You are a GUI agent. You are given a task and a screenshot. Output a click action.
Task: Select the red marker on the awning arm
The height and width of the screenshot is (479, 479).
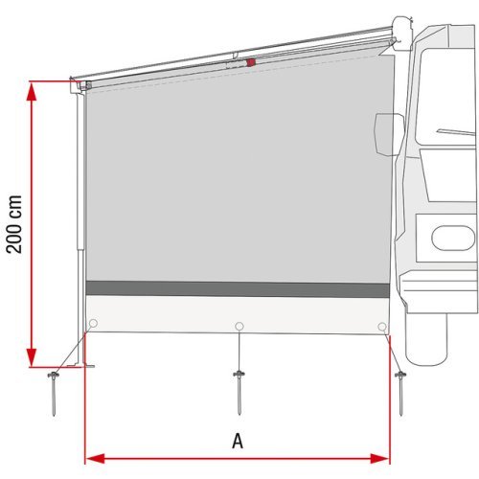(x=251, y=63)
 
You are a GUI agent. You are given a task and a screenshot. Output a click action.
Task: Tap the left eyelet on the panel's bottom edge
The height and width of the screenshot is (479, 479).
(x=93, y=323)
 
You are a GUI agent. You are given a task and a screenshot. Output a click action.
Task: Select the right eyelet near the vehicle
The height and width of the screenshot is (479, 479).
(x=382, y=326)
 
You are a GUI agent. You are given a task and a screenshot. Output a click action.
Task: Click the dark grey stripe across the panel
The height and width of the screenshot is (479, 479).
(x=237, y=288)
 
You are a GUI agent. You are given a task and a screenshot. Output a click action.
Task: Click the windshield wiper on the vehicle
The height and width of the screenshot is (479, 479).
(x=450, y=130)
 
